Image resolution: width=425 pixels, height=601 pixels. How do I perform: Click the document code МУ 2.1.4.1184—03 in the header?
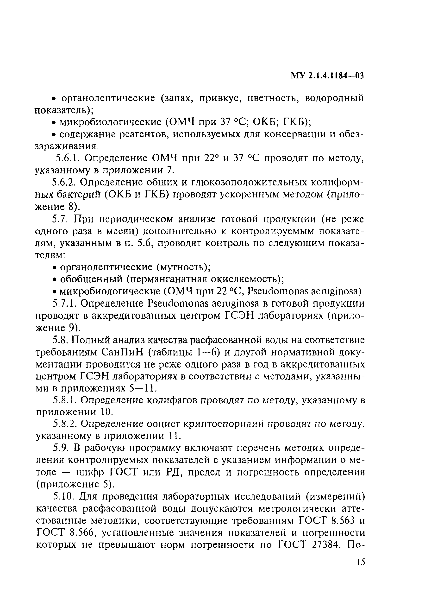pyautogui.click(x=327, y=76)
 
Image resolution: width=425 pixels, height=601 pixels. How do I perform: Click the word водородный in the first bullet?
pyautogui.click(x=334, y=98)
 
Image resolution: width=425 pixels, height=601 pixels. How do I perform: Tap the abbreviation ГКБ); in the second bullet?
pyautogui.click(x=298, y=122)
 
